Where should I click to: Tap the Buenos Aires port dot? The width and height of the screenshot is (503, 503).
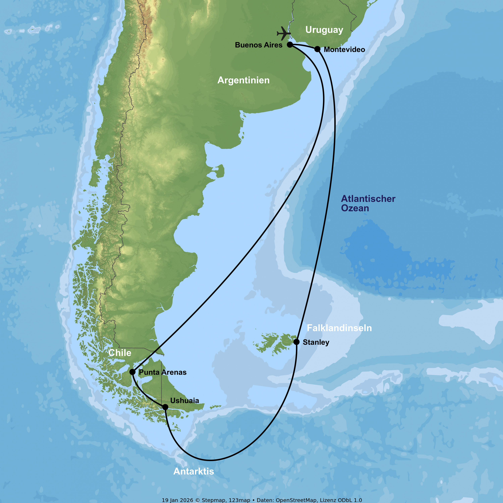tap(290, 45)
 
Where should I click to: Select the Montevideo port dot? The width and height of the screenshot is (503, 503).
tap(317, 49)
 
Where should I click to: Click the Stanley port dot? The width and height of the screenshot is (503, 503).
tap(297, 342)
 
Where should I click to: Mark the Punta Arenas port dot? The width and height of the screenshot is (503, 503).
tap(132, 372)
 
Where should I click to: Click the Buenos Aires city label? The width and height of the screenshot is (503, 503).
tap(259, 45)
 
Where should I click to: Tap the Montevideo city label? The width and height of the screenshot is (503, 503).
tap(344, 49)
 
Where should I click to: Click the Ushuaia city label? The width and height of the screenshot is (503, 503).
tap(185, 400)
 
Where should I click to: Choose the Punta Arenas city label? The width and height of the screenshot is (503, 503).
tap(163, 372)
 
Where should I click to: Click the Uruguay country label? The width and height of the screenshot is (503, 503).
tap(324, 30)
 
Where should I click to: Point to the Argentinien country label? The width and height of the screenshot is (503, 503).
tap(243, 80)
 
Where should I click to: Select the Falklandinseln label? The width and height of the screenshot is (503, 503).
tap(339, 328)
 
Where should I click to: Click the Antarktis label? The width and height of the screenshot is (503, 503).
tap(194, 471)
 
